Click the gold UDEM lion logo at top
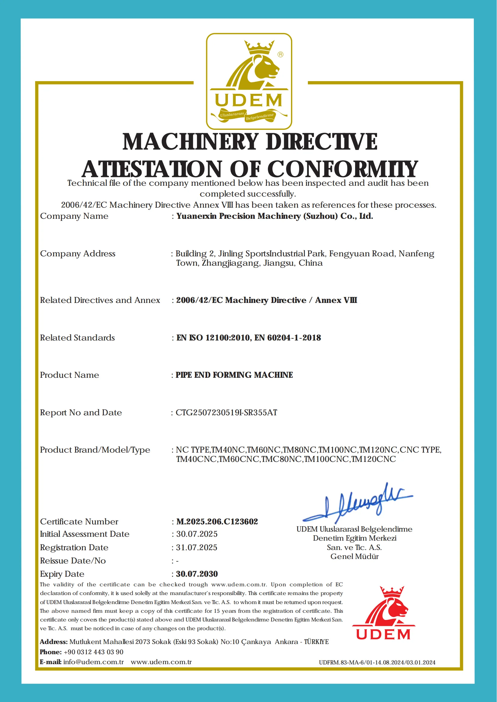pyautogui.click(x=249, y=81)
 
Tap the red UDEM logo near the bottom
pyautogui.click(x=383, y=613)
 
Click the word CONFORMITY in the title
pyautogui.click(x=342, y=169)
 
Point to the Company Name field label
pyautogui.click(x=74, y=216)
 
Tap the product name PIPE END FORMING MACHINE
pyautogui.click(x=234, y=375)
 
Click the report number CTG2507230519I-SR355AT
pyautogui.click(x=226, y=413)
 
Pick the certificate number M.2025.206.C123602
pyautogui.click(x=217, y=521)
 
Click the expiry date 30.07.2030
pyautogui.click(x=197, y=574)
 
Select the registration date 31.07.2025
pyautogui.click(x=196, y=548)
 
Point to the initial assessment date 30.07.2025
pyautogui.click(x=197, y=534)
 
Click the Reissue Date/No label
pyautogui.click(x=73, y=561)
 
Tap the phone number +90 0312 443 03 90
pyautogui.click(x=93, y=652)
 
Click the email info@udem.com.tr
pyautogui.click(x=93, y=662)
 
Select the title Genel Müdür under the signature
pyautogui.click(x=354, y=556)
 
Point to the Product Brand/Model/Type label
pyautogui.click(x=95, y=450)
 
